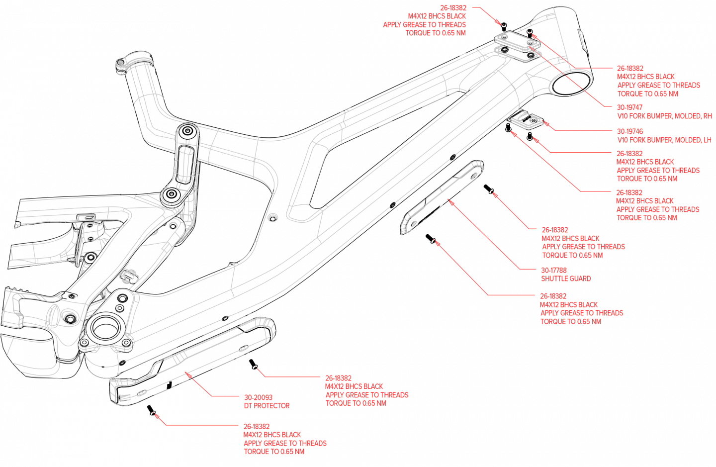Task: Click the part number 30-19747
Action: pos(629,107)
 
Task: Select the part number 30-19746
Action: pos(629,132)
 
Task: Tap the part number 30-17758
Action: pos(553,270)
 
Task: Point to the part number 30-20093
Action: pos(258,397)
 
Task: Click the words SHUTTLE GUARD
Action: pos(565,279)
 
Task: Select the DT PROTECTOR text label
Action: pos(267,406)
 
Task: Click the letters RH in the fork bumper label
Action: pos(708,116)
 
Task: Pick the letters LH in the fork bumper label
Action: pos(707,140)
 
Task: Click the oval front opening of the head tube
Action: pos(570,82)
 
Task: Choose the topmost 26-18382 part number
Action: pos(453,8)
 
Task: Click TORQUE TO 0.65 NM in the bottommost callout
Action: pos(273,452)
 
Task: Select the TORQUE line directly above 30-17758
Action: pos(572,255)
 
